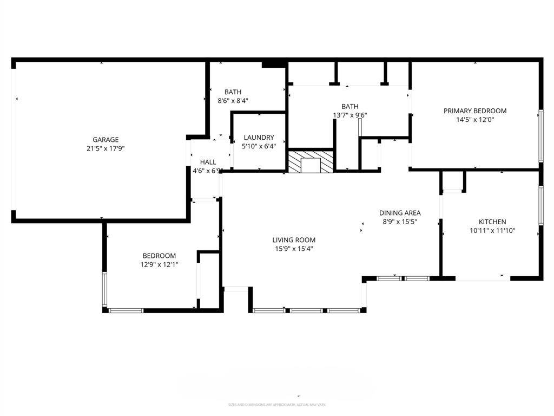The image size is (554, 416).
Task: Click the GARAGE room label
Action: click(105, 139)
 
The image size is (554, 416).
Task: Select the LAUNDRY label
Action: click(259, 138)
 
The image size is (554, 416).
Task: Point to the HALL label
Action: click(208, 162)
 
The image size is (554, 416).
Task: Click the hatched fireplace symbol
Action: click(311, 162)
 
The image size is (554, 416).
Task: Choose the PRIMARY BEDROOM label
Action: click(475, 111)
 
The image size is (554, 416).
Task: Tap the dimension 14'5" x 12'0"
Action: click(475, 120)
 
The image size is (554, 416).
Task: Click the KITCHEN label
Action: click(492, 222)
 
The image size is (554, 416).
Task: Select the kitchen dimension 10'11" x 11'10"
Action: click(492, 230)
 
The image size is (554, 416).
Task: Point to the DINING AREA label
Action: click(400, 213)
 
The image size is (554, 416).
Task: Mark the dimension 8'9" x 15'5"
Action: click(400, 222)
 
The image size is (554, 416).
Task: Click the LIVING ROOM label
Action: click(294, 240)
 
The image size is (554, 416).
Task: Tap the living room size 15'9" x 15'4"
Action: click(294, 249)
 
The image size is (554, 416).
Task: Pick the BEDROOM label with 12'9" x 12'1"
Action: click(159, 256)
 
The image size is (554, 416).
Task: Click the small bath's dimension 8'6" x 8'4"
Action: click(233, 101)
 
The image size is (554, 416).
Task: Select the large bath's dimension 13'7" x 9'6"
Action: click(349, 115)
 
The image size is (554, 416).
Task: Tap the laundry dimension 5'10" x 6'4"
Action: click(259, 146)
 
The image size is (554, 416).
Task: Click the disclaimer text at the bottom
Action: click(277, 405)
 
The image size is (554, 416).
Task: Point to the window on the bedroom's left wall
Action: click(105, 289)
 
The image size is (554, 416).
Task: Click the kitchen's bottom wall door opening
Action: click(483, 278)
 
